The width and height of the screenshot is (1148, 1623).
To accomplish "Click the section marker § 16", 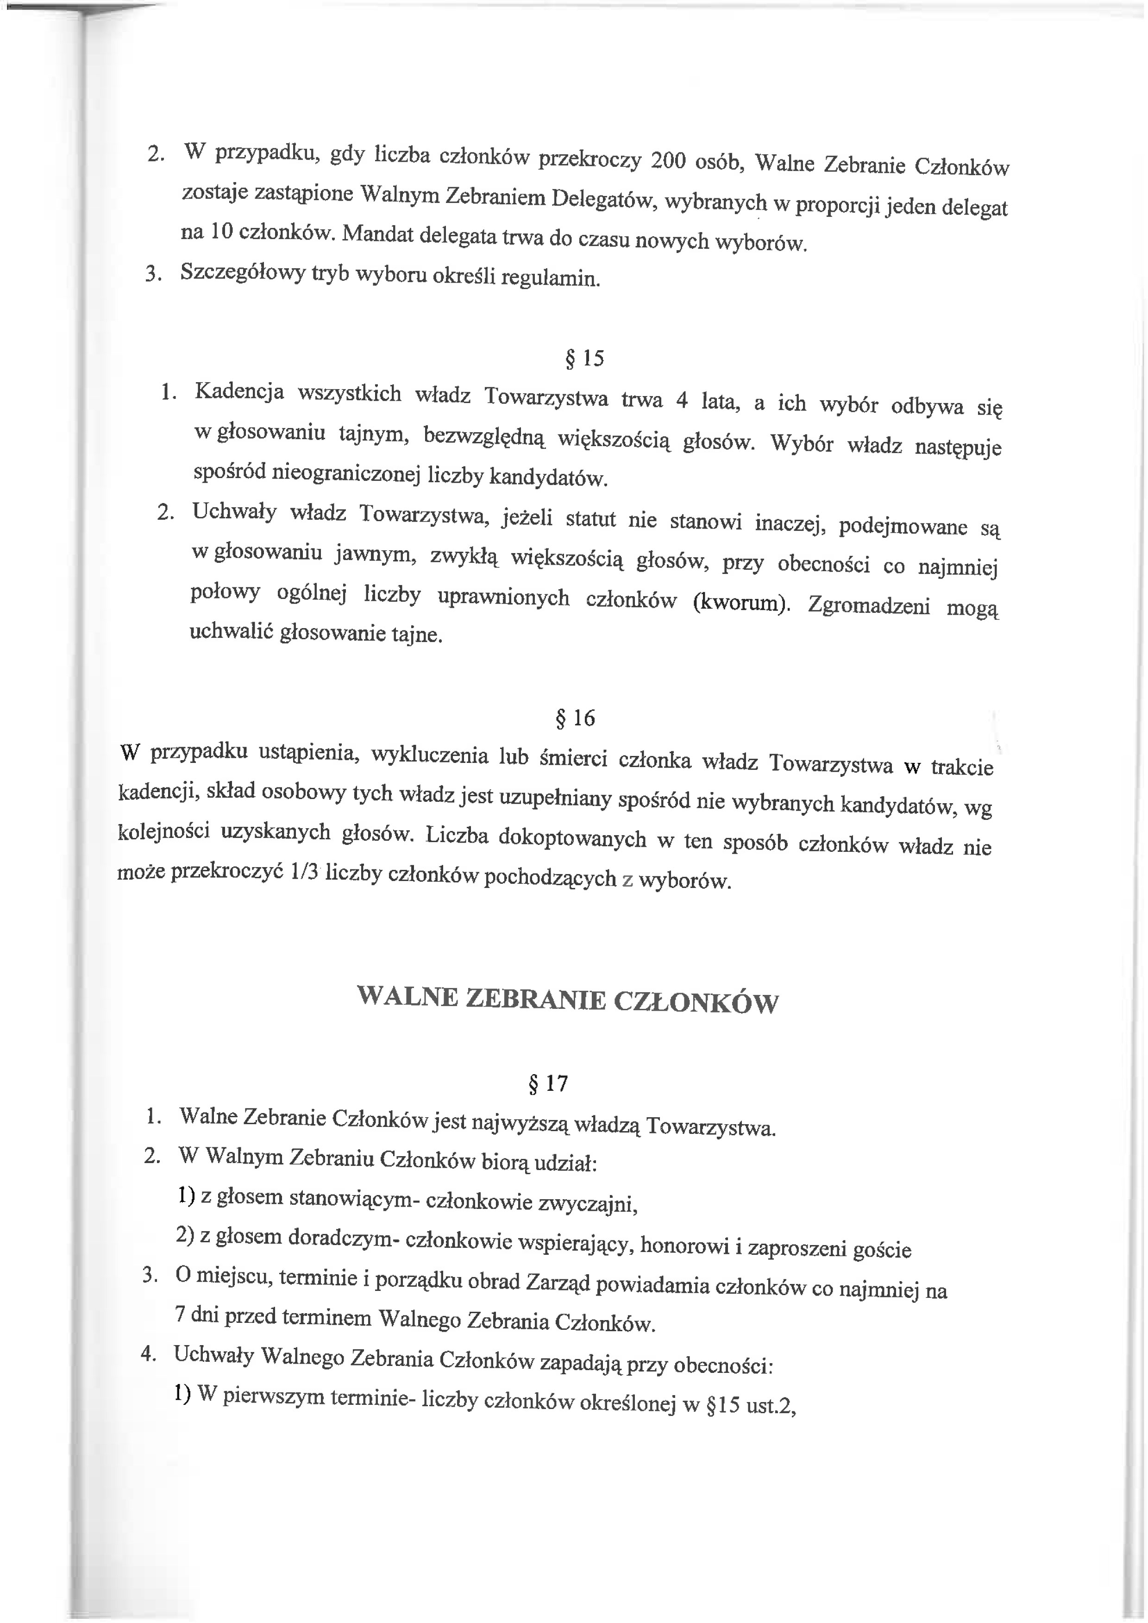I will [x=576, y=718].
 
